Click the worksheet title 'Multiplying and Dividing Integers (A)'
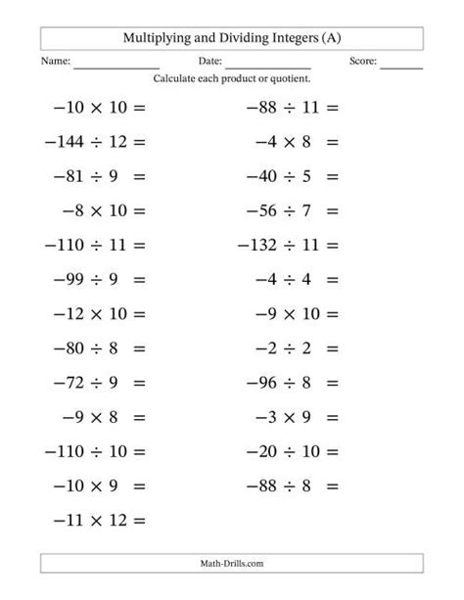point(232,37)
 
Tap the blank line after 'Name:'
point(116,66)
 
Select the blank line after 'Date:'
point(267,66)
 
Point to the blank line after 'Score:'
point(400,66)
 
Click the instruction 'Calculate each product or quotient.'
point(232,78)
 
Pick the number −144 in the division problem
point(66,142)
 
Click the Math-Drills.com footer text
point(232,563)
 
